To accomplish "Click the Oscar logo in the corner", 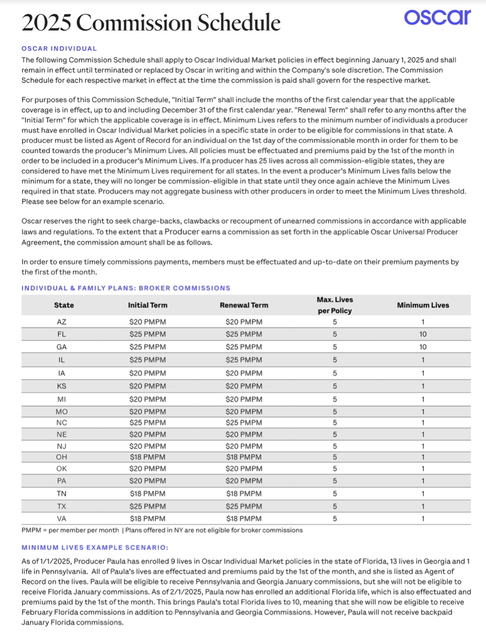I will coord(437,17).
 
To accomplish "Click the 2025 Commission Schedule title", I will coord(151,23).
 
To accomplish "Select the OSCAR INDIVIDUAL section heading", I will coord(59,48).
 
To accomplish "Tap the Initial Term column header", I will coord(147,305).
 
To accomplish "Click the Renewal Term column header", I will coord(243,305).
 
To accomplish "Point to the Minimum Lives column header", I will coord(422,305).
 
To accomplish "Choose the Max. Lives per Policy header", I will coord(335,305).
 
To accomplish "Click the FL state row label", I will coord(62,334).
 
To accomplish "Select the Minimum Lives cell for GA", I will coord(422,347).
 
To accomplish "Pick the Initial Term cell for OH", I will coord(147,457).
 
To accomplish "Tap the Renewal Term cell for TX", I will coord(243,506).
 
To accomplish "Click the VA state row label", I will coord(62,519).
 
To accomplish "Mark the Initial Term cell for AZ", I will coord(147,322).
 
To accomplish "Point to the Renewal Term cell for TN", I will coord(243,494).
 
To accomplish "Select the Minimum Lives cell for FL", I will coord(422,334).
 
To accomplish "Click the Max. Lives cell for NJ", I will coord(335,446).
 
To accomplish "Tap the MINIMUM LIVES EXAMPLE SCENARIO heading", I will coord(95,547).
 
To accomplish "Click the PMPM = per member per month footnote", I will coord(70,530).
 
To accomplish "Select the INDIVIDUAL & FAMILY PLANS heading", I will coord(126,288).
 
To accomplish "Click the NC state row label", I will coord(62,423).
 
